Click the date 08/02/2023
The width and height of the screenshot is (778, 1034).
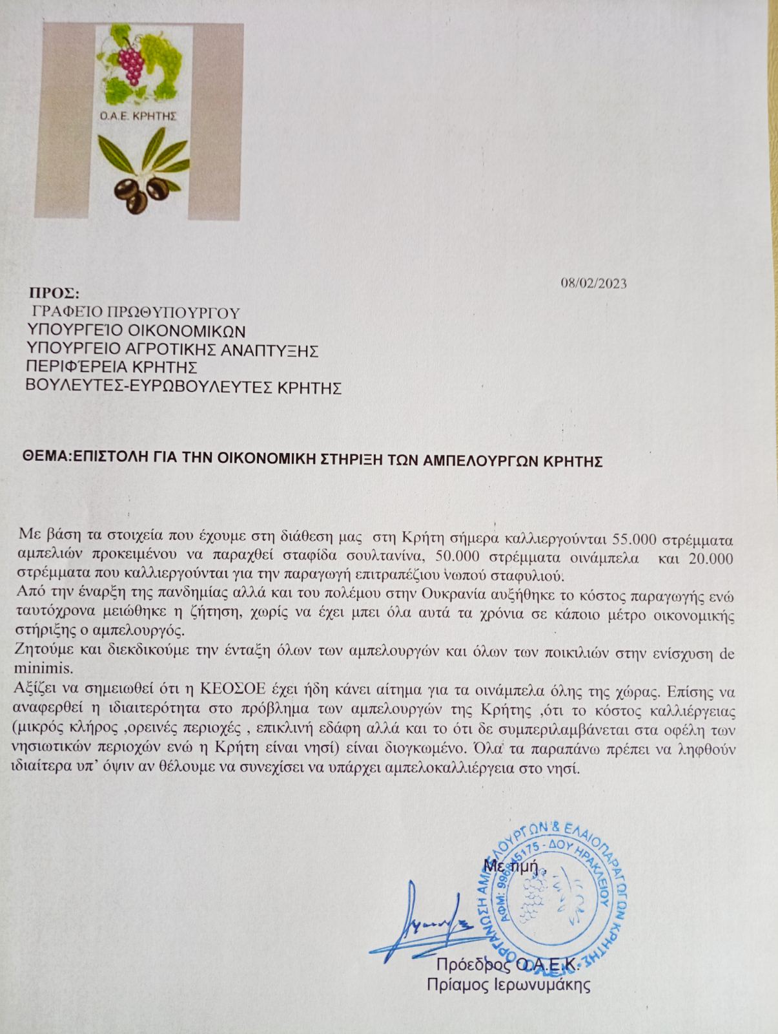[x=593, y=283]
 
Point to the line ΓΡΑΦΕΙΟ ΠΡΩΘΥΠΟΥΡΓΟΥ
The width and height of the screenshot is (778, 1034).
[x=136, y=313]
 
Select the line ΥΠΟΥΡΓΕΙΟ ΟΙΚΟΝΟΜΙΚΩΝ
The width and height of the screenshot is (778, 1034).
[x=136, y=332]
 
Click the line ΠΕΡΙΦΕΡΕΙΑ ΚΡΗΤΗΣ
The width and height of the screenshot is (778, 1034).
[x=110, y=368]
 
